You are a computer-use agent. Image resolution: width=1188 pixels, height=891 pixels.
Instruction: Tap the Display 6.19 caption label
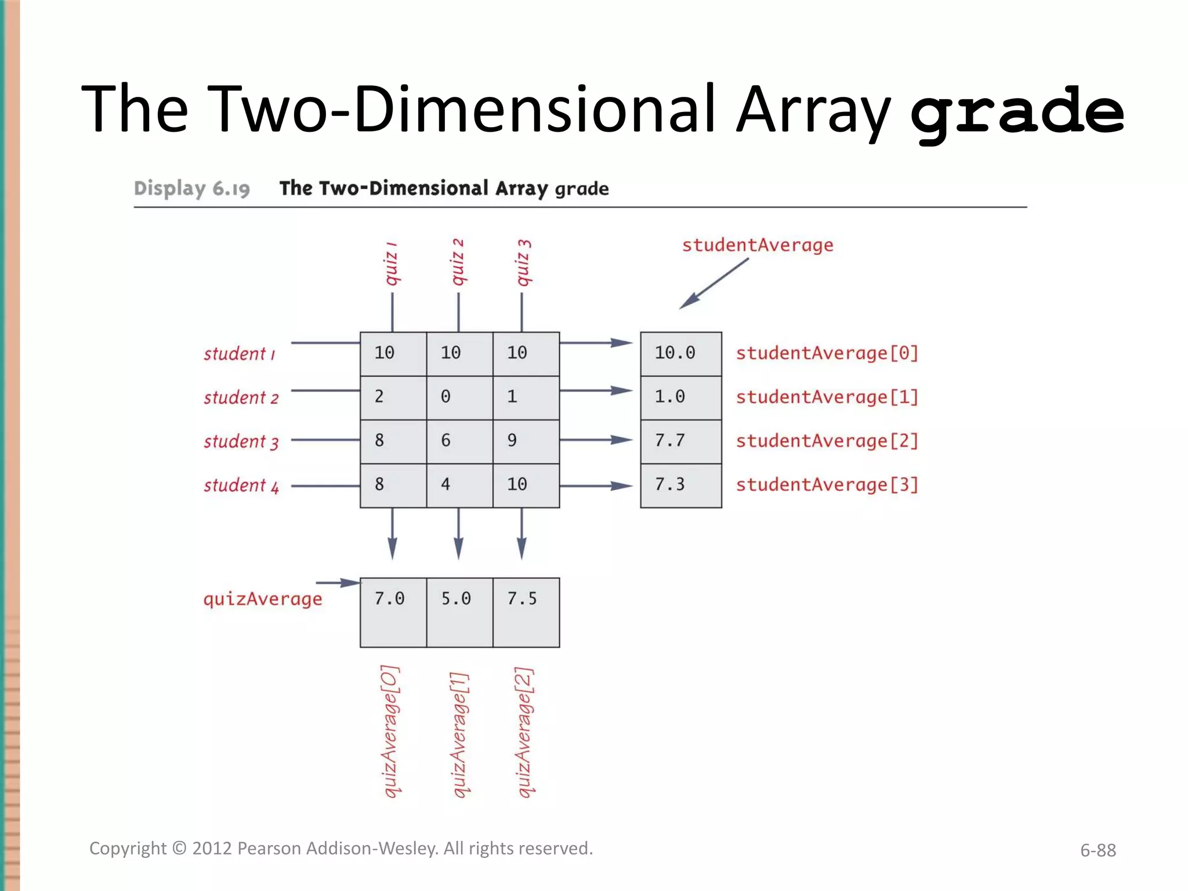191,189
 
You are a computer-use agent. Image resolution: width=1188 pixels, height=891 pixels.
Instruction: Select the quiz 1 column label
392,264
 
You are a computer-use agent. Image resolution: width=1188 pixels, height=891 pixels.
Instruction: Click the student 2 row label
241,397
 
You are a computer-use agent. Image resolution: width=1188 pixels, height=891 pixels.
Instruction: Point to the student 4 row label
241,485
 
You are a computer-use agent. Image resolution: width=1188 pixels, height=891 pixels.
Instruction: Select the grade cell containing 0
459,397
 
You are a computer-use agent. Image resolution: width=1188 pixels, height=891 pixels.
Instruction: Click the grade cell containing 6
459,441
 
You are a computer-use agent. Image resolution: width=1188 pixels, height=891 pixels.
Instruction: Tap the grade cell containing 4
459,485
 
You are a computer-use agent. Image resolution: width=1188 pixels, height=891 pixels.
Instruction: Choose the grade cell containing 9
526,441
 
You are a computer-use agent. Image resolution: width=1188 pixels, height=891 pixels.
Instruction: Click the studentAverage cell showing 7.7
680,441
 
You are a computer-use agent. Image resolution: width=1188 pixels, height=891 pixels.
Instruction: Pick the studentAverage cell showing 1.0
680,397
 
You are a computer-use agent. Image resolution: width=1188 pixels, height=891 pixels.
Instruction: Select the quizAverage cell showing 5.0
459,611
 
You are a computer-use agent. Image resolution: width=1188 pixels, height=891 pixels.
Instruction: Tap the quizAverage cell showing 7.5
526,611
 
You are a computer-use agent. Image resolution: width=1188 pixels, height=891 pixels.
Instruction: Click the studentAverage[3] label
827,484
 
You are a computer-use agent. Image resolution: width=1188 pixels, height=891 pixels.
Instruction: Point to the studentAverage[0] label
827,353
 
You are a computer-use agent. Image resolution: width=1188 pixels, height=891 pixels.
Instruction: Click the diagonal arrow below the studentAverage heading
714,284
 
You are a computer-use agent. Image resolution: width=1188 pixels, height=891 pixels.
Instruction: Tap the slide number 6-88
1098,850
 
